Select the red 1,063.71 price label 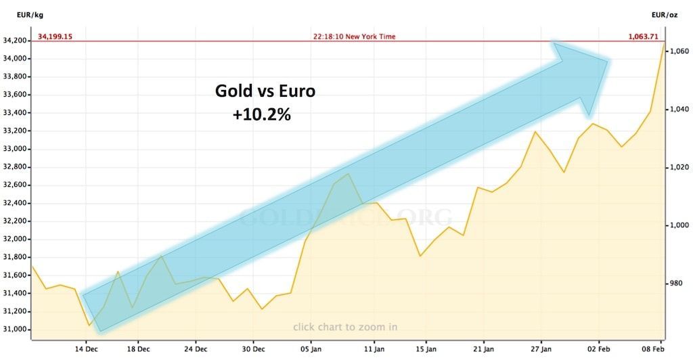[x=646, y=37]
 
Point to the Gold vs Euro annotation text [x=265, y=91]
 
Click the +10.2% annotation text [x=261, y=115]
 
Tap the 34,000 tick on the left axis [x=16, y=59]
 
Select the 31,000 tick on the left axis [x=16, y=330]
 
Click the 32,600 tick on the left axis [x=16, y=185]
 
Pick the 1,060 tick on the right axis [x=677, y=51]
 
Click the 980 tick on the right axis [x=675, y=284]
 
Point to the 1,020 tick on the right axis [x=677, y=167]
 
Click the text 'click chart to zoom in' [x=345, y=328]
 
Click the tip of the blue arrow [x=609, y=62]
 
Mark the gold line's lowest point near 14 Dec [x=89, y=325]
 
